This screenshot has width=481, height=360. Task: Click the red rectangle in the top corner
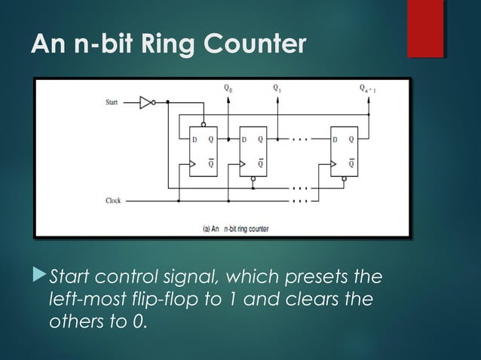coord(424,29)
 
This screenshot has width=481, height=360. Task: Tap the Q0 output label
coord(228,88)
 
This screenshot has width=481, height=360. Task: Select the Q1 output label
coord(277,88)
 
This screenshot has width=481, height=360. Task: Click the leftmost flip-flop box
coord(203,151)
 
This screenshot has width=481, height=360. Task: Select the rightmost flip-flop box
coord(344,151)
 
